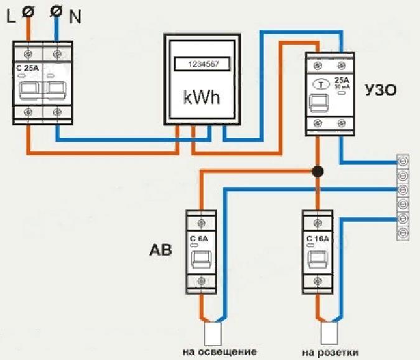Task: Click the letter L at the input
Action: coord(11,17)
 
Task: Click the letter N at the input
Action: coord(75,17)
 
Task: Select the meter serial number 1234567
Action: coord(202,63)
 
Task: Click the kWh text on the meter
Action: coord(202,98)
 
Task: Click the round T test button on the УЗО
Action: coord(320,84)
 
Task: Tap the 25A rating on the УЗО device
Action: coord(341,79)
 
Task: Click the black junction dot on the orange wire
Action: coord(318,171)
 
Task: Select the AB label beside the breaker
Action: coord(160,251)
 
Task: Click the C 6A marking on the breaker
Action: coord(202,238)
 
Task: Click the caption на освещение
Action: coord(220,353)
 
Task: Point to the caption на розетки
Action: coord(330,353)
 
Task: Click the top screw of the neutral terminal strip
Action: coord(403,161)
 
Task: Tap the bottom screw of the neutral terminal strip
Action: coord(403,234)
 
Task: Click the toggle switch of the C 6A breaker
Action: coord(202,262)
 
